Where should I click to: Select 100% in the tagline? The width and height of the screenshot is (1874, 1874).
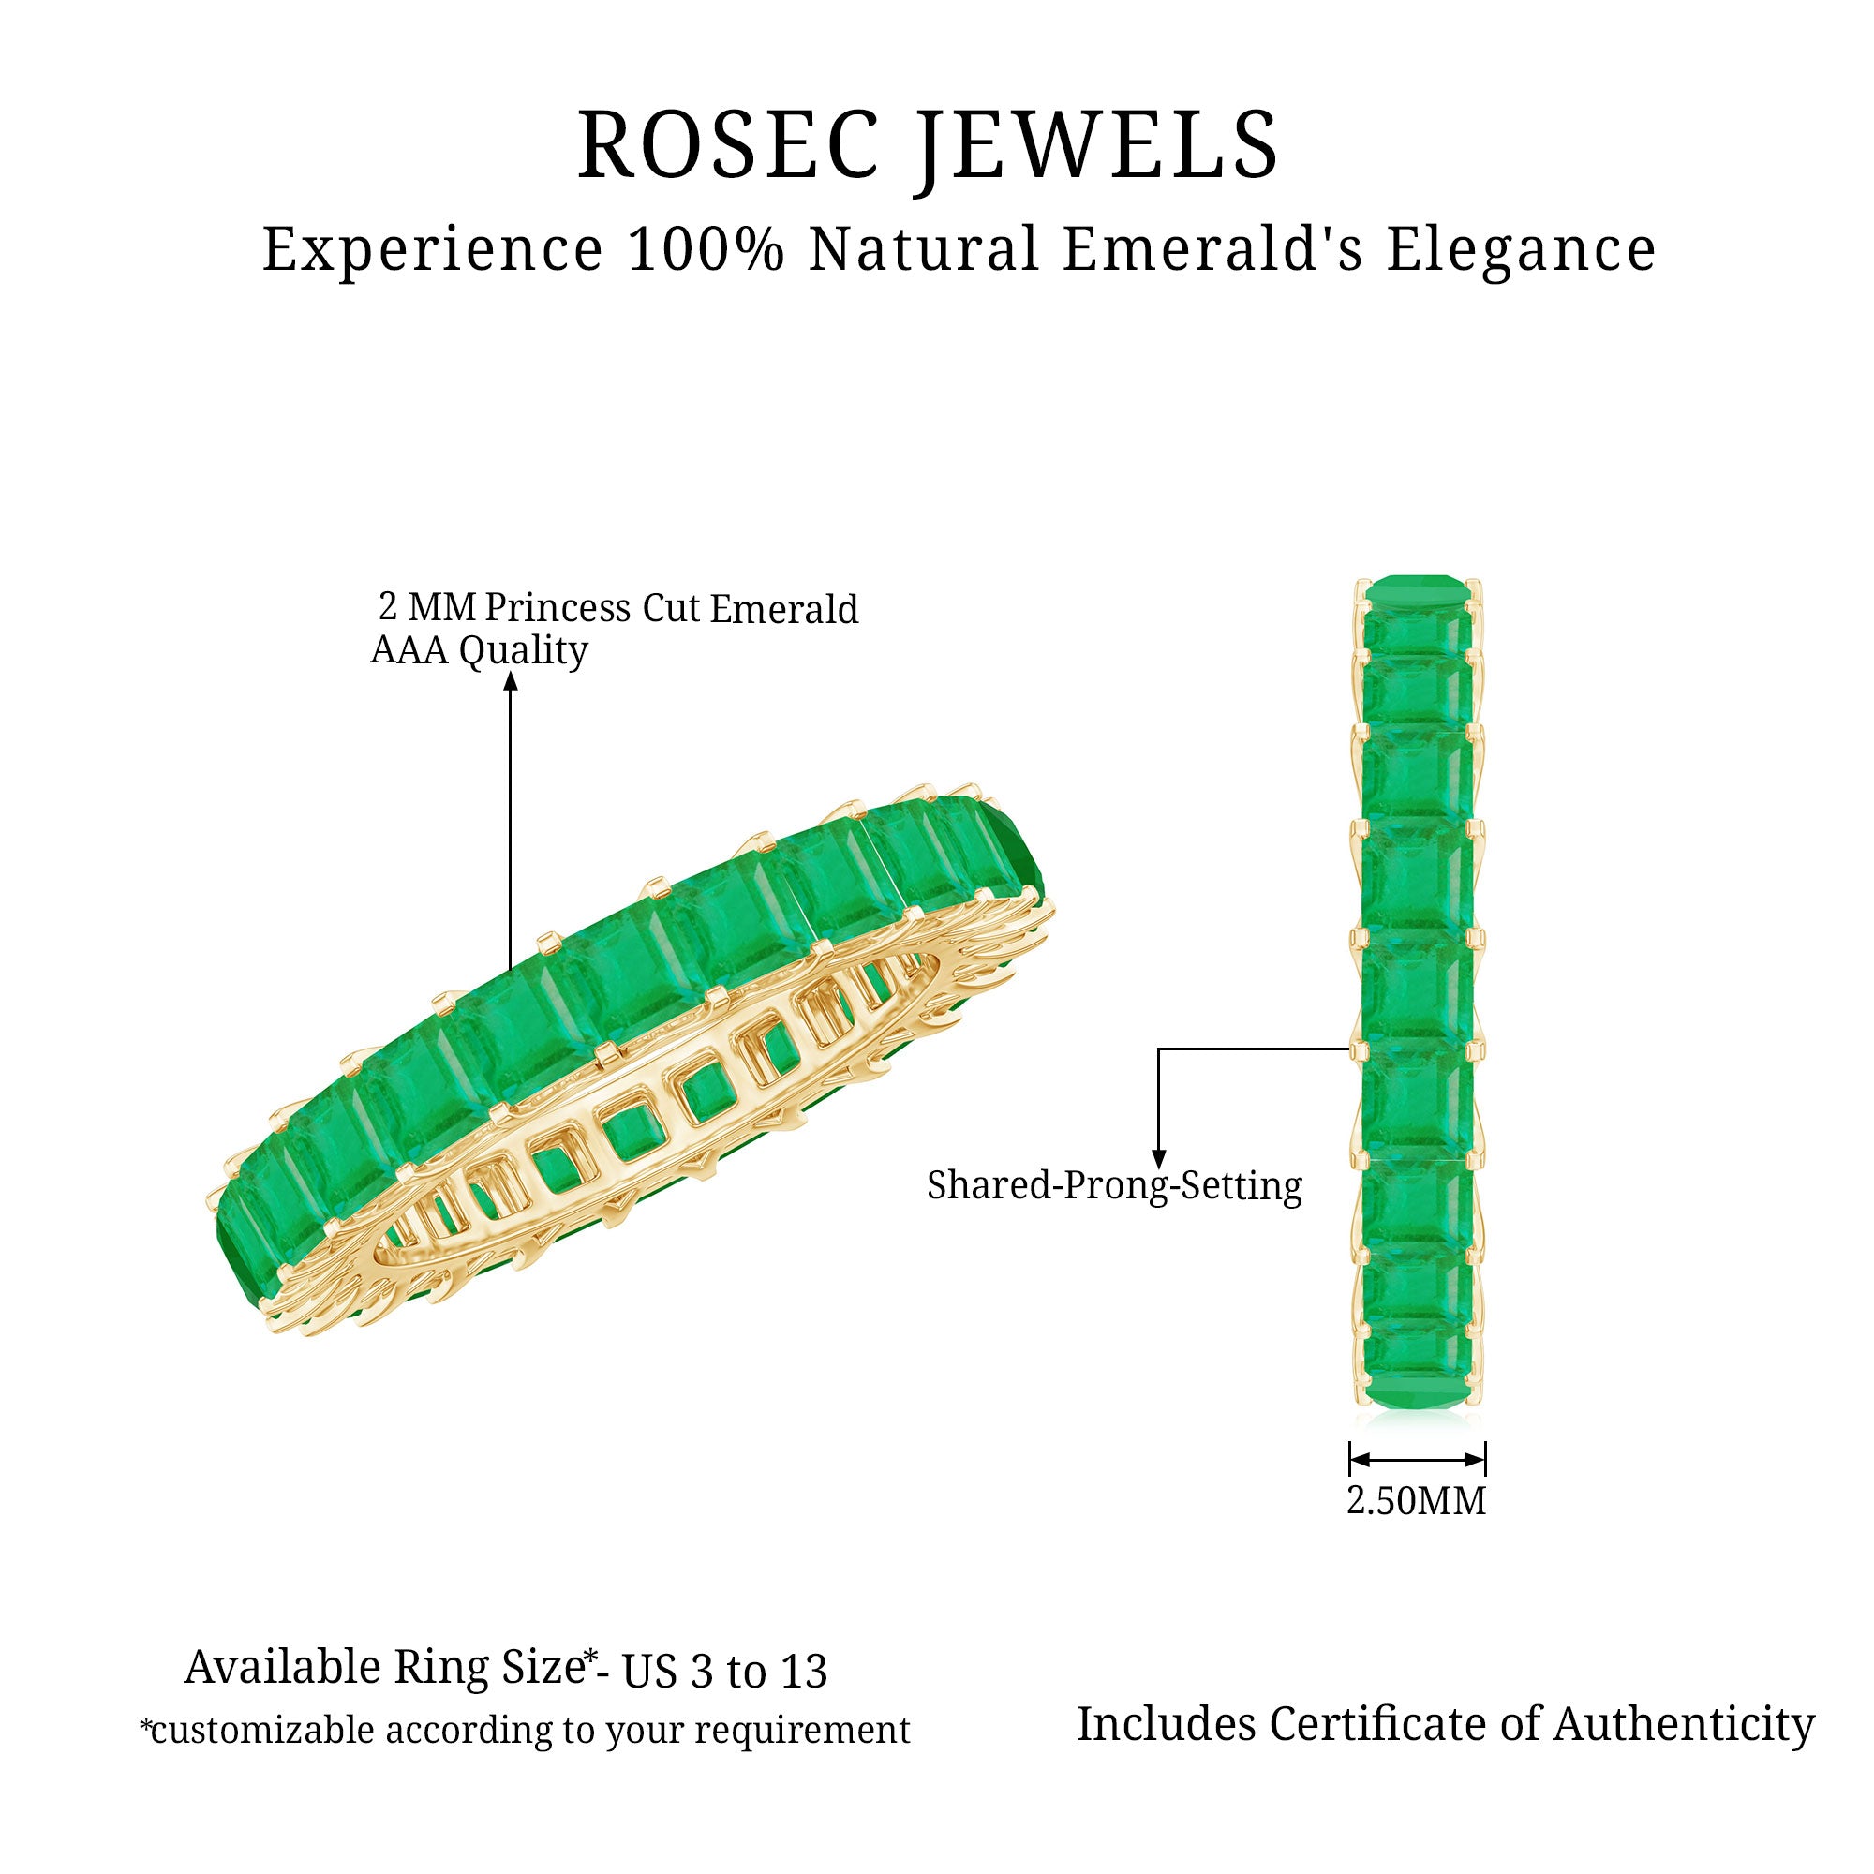click(706, 249)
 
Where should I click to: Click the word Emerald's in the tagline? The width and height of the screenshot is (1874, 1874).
click(1213, 249)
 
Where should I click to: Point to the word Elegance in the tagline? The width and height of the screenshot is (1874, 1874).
click(1520, 251)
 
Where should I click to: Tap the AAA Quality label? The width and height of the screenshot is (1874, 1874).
click(479, 650)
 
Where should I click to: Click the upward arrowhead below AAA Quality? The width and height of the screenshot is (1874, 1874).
click(511, 680)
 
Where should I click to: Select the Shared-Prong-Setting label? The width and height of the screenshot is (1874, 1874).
click(1113, 1185)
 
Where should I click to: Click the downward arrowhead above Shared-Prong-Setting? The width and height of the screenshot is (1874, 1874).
click(1158, 1159)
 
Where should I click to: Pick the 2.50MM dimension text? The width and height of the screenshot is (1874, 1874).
click(1416, 1500)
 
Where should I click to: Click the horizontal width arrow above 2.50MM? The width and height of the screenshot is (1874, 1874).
click(1417, 1460)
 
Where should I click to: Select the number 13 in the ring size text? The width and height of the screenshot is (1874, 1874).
click(801, 1672)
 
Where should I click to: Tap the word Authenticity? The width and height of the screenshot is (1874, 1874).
click(1683, 1725)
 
